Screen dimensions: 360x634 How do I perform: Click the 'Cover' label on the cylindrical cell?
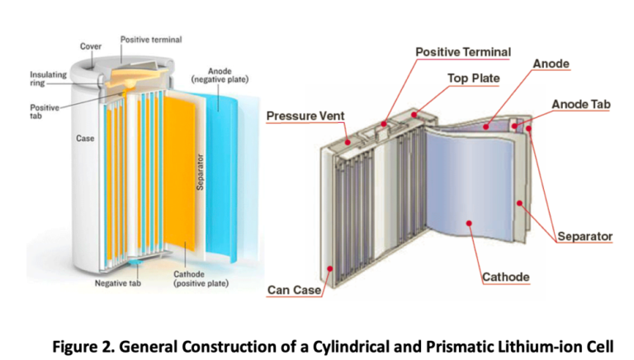point(91,46)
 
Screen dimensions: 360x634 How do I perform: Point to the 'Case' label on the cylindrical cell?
point(85,139)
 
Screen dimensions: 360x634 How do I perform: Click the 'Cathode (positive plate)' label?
point(201,279)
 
